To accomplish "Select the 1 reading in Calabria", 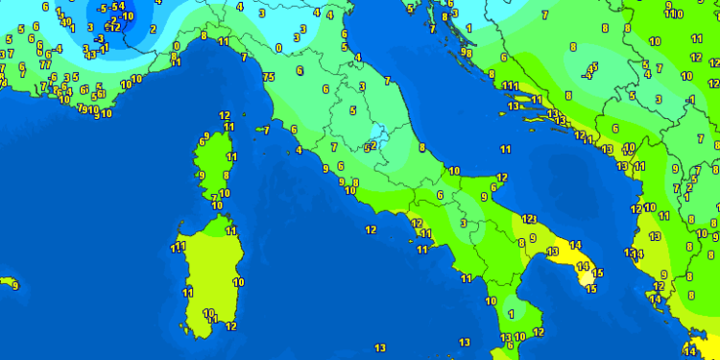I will pyautogui.click(x=511, y=314).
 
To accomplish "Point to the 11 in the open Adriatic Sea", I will pyautogui.click(x=505, y=149).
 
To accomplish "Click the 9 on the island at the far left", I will pyautogui.click(x=14, y=285).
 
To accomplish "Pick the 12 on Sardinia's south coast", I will pyautogui.click(x=230, y=326).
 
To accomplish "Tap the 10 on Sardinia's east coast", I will pyautogui.click(x=237, y=282).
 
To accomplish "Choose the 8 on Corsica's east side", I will pyautogui.click(x=226, y=175).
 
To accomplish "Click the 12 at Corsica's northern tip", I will pyautogui.click(x=224, y=115).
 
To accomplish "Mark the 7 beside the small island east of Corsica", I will pyautogui.click(x=266, y=130).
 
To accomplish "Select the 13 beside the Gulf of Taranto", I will pyautogui.click(x=552, y=252).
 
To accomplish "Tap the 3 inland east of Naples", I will pyautogui.click(x=463, y=223).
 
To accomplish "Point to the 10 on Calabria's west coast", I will pyautogui.click(x=491, y=300).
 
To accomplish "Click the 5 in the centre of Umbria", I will pyautogui.click(x=352, y=110).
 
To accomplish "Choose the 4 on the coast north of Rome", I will pyautogui.click(x=300, y=150).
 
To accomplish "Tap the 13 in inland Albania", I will pyautogui.click(x=654, y=235).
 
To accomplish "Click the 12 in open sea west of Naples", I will pyautogui.click(x=371, y=229).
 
